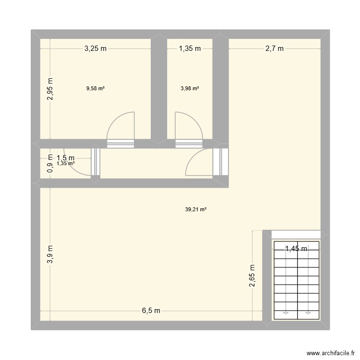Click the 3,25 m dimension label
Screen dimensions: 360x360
(x=96, y=48)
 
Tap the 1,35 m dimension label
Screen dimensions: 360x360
(x=190, y=48)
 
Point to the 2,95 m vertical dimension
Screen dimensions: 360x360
(x=50, y=89)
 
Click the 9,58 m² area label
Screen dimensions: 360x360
(x=96, y=88)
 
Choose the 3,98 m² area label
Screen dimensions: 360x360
(x=190, y=88)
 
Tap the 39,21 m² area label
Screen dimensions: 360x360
(x=195, y=209)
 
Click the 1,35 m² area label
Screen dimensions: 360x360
(x=66, y=163)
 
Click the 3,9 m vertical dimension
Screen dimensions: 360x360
(x=50, y=255)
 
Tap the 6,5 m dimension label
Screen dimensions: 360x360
(x=151, y=311)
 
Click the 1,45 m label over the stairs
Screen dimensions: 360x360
(x=296, y=249)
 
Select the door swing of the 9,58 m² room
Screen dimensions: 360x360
(x=120, y=126)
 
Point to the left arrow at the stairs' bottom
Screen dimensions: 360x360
(x=286, y=312)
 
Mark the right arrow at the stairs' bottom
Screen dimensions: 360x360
(x=308, y=312)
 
